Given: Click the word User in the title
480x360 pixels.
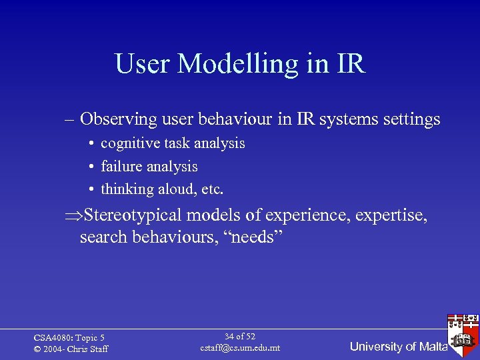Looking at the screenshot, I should point(143,64).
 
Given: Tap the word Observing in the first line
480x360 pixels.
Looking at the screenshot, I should point(117,119).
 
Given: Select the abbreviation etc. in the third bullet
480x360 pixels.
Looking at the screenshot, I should point(212,189).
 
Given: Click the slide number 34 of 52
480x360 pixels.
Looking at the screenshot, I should point(240,337).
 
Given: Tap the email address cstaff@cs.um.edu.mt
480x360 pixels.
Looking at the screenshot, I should point(240,348).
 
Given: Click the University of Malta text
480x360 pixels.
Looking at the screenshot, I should point(398,347).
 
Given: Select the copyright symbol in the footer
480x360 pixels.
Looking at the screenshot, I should point(37,349).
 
